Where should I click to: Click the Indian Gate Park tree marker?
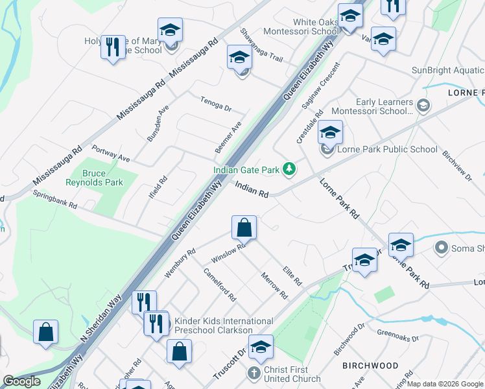click(289, 170)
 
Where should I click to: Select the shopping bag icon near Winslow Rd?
click(244, 228)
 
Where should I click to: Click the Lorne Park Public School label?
click(387, 150)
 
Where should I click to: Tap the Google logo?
click(21, 381)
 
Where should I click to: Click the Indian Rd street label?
click(252, 190)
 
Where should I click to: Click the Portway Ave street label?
click(111, 153)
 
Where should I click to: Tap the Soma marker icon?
click(442, 247)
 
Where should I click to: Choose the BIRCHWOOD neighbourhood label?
click(370, 366)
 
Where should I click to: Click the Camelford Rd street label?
click(219, 285)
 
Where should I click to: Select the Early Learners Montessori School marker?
click(423, 104)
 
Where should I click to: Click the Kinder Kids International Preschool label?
click(224, 325)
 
